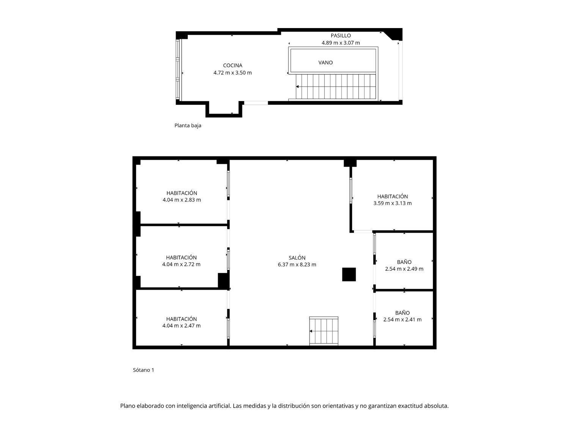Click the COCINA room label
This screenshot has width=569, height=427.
coord(233,65)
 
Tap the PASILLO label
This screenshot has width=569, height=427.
coord(341,36)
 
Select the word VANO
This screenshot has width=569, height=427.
coord(325,63)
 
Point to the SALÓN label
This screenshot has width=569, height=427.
coord(297,258)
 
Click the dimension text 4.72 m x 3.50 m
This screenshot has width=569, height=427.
coord(233,72)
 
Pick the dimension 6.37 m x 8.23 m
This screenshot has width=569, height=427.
coord(297,265)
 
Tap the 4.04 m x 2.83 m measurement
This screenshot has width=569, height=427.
coord(182,200)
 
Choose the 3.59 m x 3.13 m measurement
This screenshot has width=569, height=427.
coord(393,203)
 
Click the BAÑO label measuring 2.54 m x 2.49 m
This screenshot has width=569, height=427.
coord(404,262)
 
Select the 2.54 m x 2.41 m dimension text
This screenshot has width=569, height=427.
coord(402,320)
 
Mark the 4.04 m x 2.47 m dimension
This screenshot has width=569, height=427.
coord(181,325)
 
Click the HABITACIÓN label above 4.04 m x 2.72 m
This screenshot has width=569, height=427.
coord(181,257)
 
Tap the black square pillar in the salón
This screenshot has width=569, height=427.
coord(349,274)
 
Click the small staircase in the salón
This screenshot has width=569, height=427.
coord(324,331)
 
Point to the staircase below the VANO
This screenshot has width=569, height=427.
coord(336,87)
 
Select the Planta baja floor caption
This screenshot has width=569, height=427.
coord(188,126)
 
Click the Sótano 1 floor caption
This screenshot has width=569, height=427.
coord(143,370)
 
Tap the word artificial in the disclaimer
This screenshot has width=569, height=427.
coord(220,406)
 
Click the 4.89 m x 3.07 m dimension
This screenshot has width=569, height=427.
coord(341,43)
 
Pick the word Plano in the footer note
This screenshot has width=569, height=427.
coord(127,406)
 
